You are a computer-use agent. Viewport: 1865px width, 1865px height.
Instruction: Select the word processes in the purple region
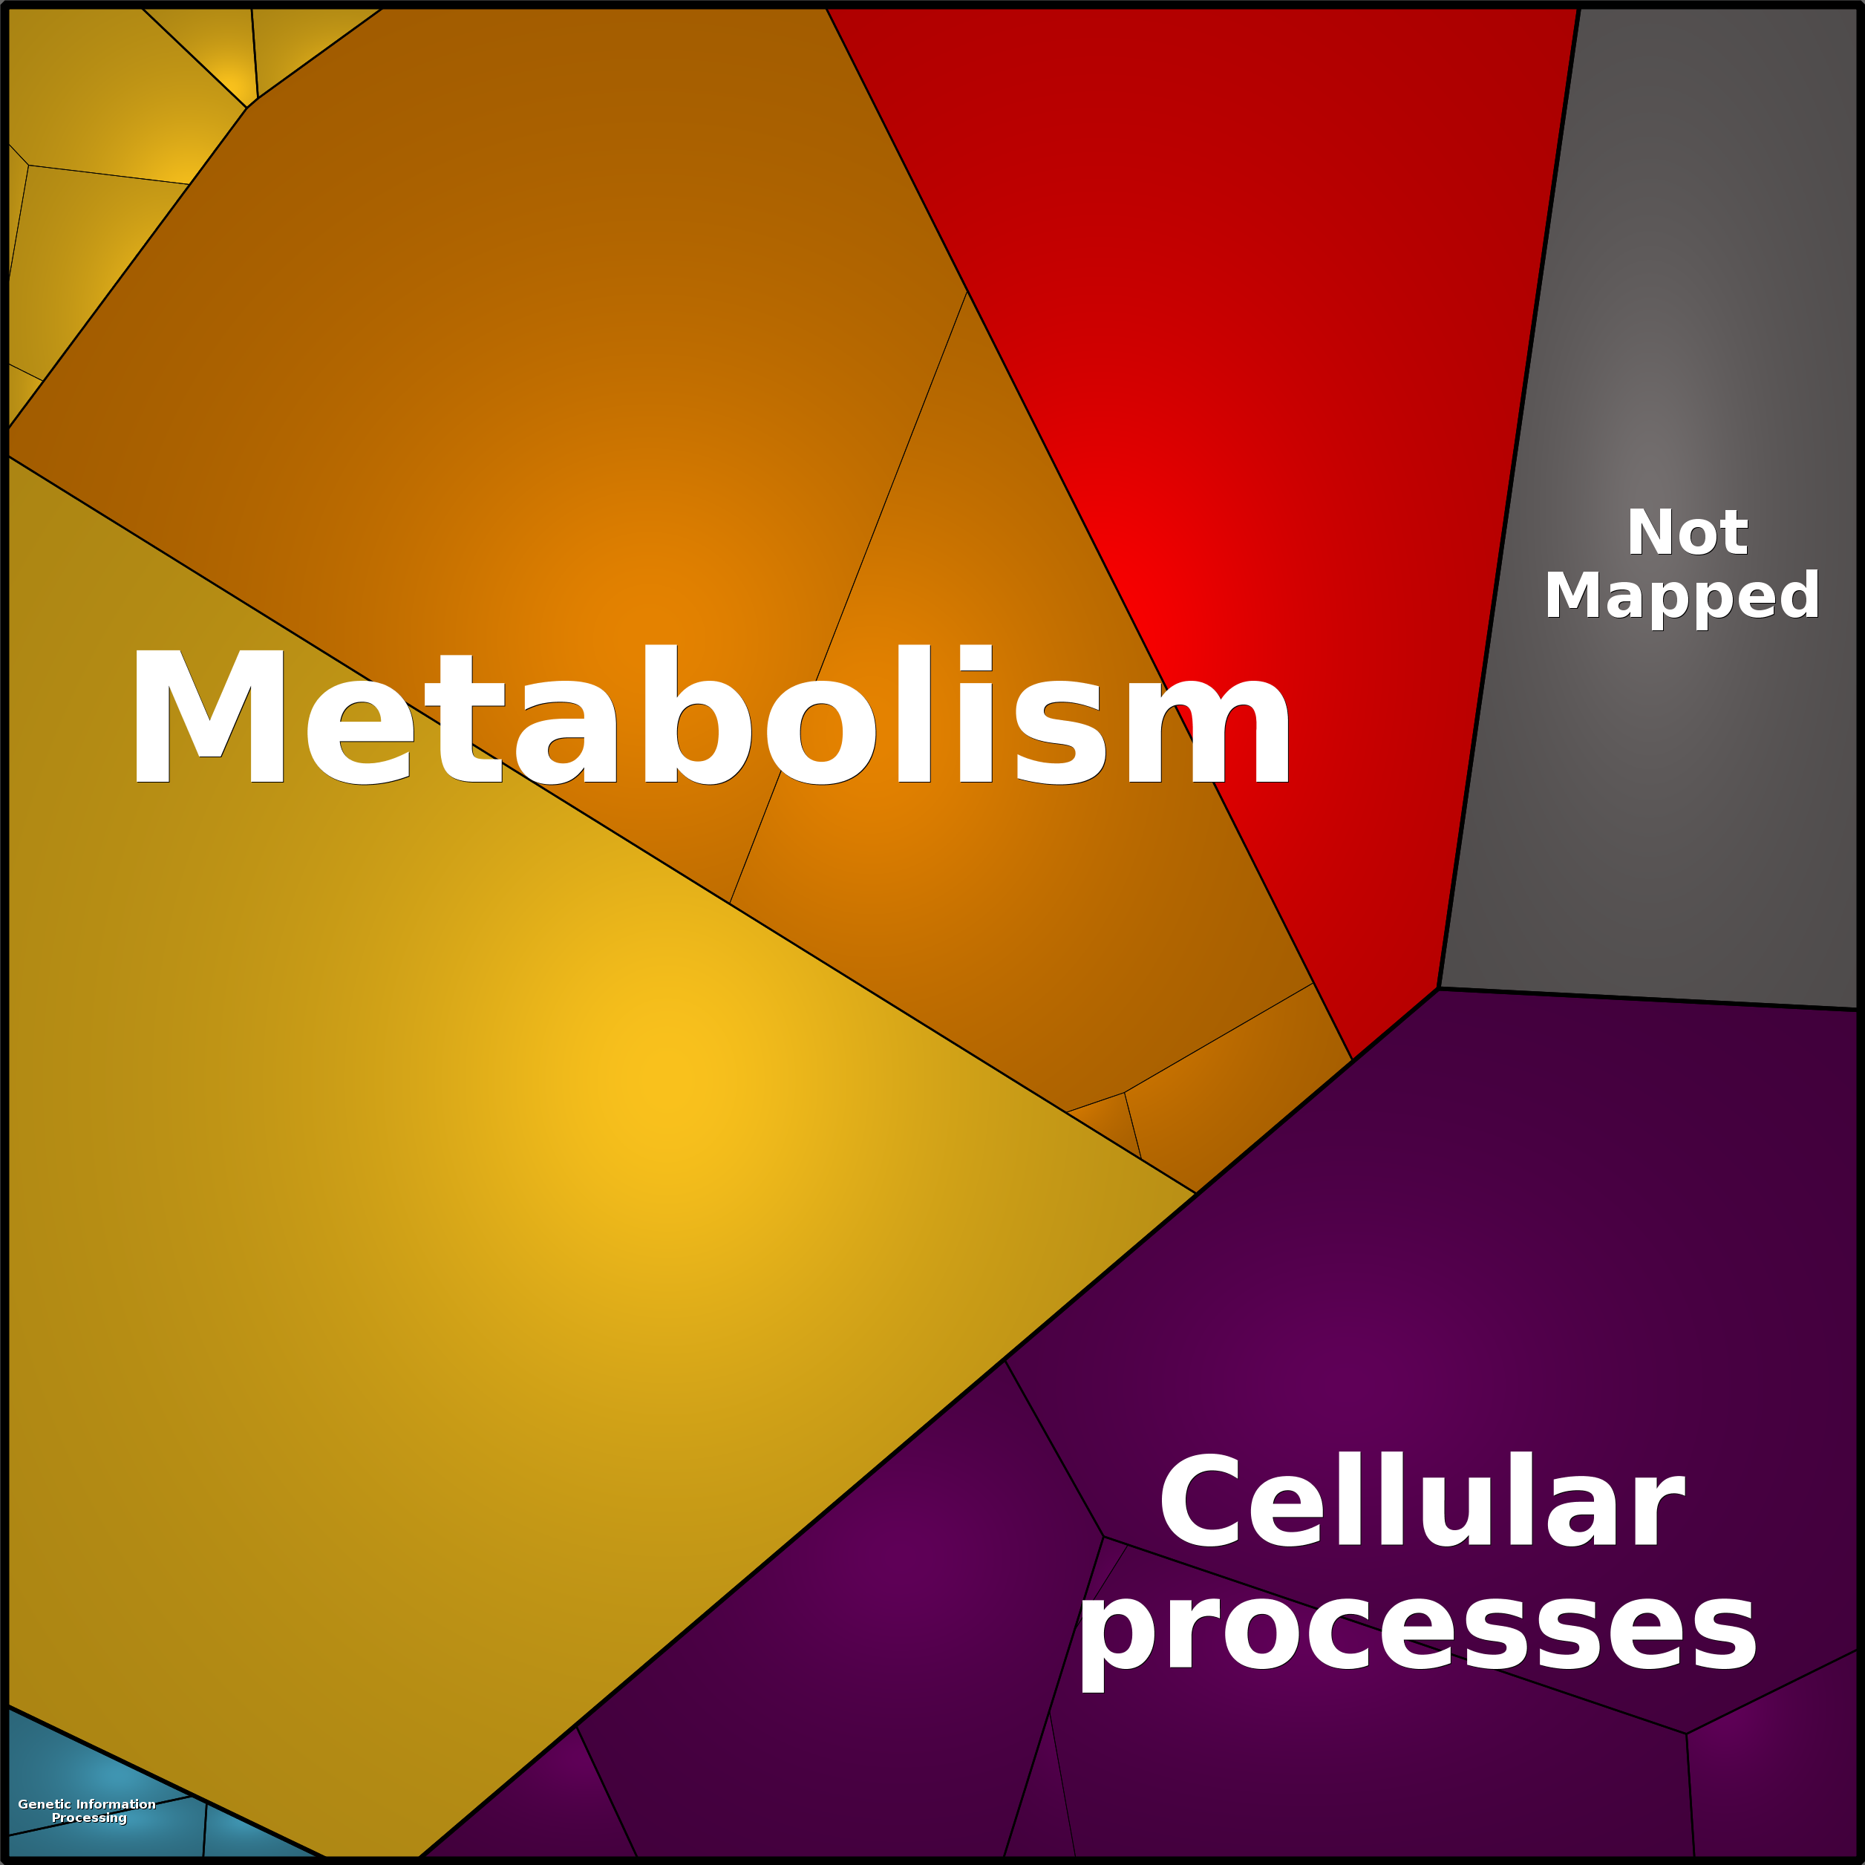pyautogui.click(x=1418, y=1633)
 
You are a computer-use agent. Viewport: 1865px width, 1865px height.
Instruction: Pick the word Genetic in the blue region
pyautogui.click(x=45, y=1804)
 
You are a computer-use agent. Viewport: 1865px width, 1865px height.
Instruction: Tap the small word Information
pyautogui.click(x=116, y=1804)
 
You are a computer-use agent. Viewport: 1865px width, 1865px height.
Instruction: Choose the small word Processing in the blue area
pyautogui.click(x=89, y=1819)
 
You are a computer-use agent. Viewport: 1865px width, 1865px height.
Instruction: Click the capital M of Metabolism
pyautogui.click(x=209, y=714)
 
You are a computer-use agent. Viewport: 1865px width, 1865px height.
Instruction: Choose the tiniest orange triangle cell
pyautogui.click(x=1110, y=1122)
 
